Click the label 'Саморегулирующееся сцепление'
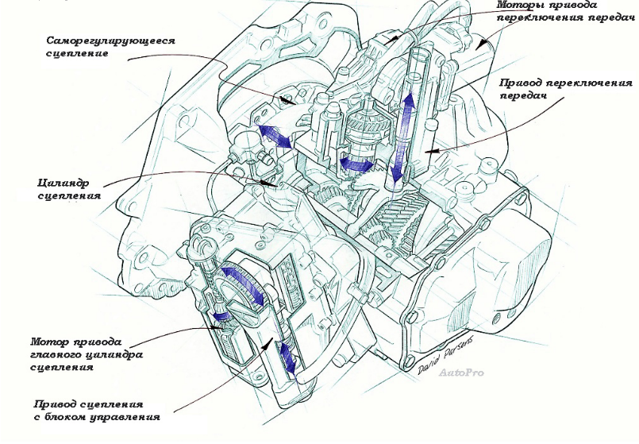pos(110,47)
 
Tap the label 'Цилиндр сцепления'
pos(69,189)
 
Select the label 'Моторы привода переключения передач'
pos(566,11)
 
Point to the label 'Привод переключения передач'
pos(566,89)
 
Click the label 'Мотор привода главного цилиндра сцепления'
pos(87,354)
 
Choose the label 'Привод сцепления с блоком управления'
pos(97,411)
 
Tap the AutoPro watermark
pos(461,373)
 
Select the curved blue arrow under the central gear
pos(357,164)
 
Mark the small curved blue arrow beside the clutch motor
pos(220,315)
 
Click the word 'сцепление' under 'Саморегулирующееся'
pos(77,53)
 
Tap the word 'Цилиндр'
pos(64,183)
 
